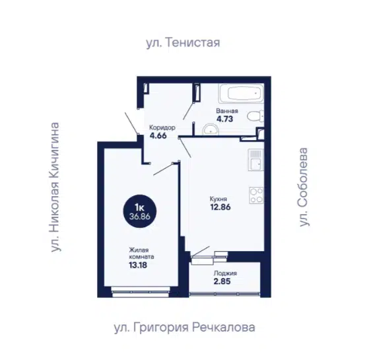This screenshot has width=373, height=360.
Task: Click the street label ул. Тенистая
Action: click(183, 43)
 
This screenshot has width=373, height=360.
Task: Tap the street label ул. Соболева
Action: click(304, 187)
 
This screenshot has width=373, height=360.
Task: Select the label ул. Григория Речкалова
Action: click(185, 328)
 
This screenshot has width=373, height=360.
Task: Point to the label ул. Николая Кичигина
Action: click(55, 187)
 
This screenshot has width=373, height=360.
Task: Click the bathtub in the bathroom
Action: click(241, 93)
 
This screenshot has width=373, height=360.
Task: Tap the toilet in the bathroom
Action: click(255, 116)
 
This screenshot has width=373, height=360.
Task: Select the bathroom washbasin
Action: click(211, 129)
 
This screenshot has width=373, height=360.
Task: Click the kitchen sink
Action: click(255, 160)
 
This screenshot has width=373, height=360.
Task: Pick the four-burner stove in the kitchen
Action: click(256, 196)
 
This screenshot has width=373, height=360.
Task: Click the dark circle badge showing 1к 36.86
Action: click(140, 211)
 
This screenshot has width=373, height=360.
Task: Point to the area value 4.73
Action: click(224, 119)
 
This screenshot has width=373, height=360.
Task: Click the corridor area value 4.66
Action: click(158, 135)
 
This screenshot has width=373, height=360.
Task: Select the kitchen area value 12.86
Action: click(220, 207)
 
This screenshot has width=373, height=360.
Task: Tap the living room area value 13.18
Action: click(138, 265)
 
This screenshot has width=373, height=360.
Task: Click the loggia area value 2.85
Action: click(222, 281)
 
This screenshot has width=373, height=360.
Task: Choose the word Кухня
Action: click(219, 199)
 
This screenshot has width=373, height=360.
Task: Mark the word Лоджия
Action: click(225, 273)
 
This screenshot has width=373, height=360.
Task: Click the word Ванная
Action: click(227, 111)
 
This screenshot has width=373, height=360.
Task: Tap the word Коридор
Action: click(162, 127)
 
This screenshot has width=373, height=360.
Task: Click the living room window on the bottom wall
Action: click(141, 292)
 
